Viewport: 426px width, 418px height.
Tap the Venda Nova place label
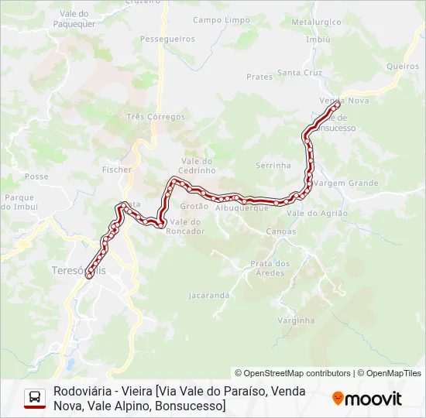[344, 101]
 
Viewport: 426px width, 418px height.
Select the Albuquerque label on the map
[242, 208]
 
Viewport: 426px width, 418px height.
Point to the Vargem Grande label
[348, 183]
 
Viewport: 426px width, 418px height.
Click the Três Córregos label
[156, 117]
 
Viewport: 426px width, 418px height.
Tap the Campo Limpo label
[222, 19]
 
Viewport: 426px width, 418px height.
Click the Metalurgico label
[316, 22]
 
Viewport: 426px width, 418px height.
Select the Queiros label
[403, 67]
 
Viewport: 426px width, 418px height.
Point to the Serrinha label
[273, 166]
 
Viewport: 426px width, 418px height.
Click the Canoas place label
[280, 231]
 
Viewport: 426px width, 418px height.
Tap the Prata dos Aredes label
[270, 268]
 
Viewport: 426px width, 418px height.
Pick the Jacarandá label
[209, 295]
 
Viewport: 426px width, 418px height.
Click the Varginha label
[296, 320]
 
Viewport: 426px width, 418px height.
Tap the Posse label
[36, 176]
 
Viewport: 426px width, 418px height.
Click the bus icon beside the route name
[35, 398]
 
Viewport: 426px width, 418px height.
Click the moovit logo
[367, 399]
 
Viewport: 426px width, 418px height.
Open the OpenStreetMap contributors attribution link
[293, 373]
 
